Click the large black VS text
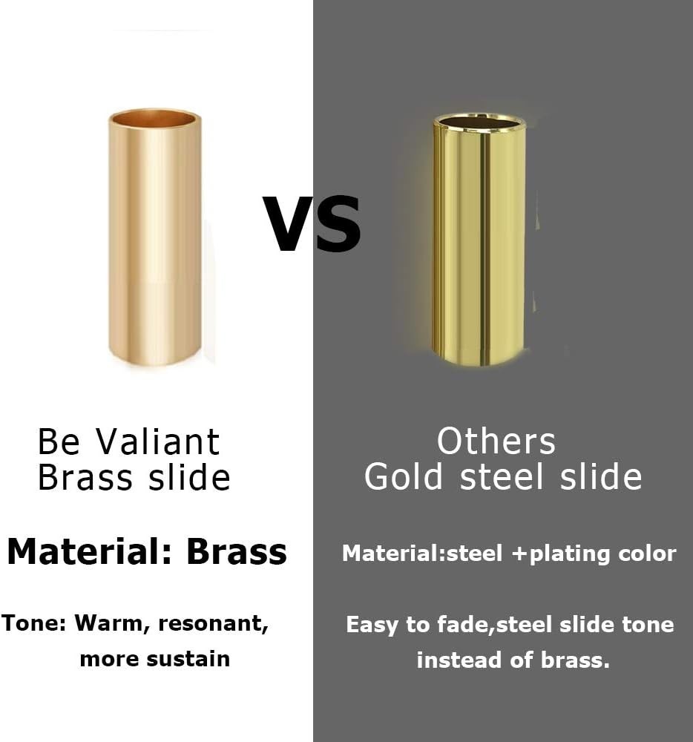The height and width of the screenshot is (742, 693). click(x=312, y=224)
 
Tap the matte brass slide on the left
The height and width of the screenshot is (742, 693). click(x=154, y=237)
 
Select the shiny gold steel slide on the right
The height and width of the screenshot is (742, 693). click(x=479, y=240)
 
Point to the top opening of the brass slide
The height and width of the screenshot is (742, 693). click(x=154, y=118)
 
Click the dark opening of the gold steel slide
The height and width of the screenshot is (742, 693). click(x=479, y=123)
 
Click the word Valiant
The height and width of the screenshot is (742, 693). click(x=158, y=441)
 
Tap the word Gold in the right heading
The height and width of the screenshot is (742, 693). click(x=404, y=476)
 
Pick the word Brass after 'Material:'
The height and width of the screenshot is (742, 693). click(x=237, y=552)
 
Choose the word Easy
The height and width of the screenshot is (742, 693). click(x=373, y=625)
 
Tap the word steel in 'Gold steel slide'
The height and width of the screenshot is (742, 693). click(x=502, y=476)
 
